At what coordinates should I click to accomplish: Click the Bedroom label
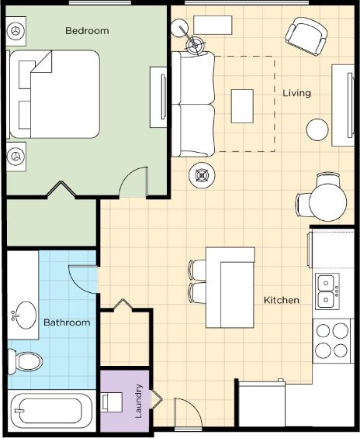point(87,31)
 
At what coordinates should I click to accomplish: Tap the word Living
point(296,93)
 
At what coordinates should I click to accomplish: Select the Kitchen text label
point(282,300)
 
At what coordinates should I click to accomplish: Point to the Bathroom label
point(67,322)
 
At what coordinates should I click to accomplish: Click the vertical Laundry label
point(138,401)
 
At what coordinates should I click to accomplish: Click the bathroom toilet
point(25,362)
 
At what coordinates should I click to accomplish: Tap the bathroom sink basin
point(25,315)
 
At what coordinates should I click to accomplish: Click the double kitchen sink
point(327,291)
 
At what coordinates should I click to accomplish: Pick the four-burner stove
point(332,341)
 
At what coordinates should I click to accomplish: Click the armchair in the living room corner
point(306,36)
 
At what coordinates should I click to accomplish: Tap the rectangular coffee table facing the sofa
point(242,106)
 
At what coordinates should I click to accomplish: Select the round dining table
point(327,202)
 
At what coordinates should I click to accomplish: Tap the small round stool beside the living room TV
point(317,129)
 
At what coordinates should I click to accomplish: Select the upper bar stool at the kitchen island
point(198,270)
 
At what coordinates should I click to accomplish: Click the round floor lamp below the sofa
point(202,175)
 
